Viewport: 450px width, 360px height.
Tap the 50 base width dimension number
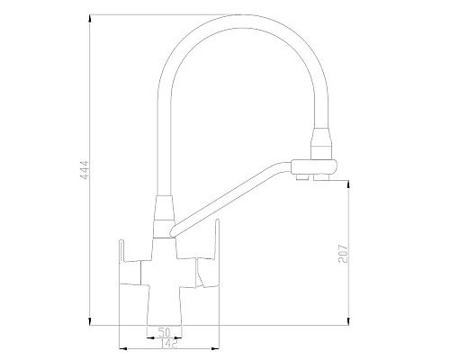tap(164, 332)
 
